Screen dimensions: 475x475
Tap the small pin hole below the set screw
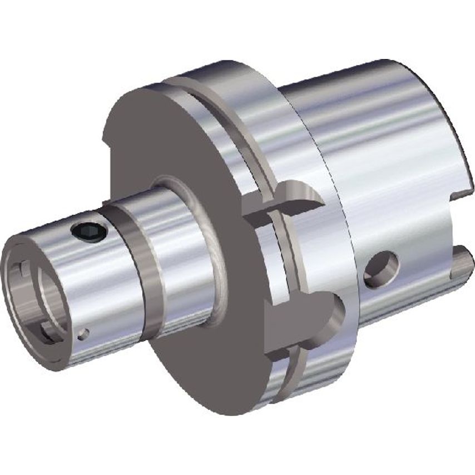point(83,334)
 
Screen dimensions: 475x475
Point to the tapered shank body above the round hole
point(378,167)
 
